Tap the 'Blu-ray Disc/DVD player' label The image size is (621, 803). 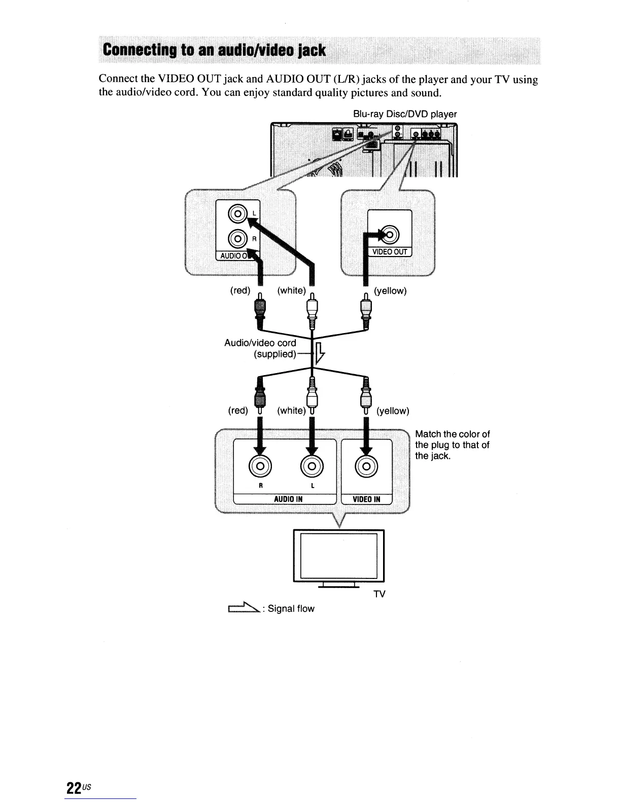pyautogui.click(x=405, y=114)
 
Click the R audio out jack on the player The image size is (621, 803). pyautogui.click(x=237, y=238)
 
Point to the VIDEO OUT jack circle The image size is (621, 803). pyautogui.click(x=392, y=235)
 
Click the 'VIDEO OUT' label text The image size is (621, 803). pyautogui.click(x=390, y=252)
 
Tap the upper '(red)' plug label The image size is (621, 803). pyautogui.click(x=240, y=290)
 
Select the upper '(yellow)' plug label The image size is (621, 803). pyautogui.click(x=390, y=291)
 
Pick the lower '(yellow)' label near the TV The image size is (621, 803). pyautogui.click(x=392, y=411)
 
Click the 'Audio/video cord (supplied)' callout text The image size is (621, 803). pyautogui.click(x=260, y=348)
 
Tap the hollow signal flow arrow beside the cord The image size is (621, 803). pyautogui.click(x=319, y=353)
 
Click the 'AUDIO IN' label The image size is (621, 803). pyautogui.click(x=288, y=499)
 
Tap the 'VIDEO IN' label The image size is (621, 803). pyautogui.click(x=366, y=499)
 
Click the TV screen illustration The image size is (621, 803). pyautogui.click(x=339, y=555)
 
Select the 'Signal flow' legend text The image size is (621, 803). pyautogui.click(x=291, y=608)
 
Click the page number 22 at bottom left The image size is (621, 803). pyautogui.click(x=74, y=788)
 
